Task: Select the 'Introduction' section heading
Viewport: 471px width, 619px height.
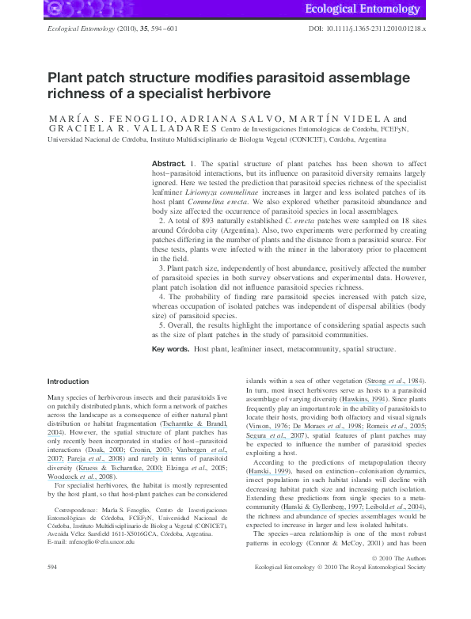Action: (68, 382)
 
